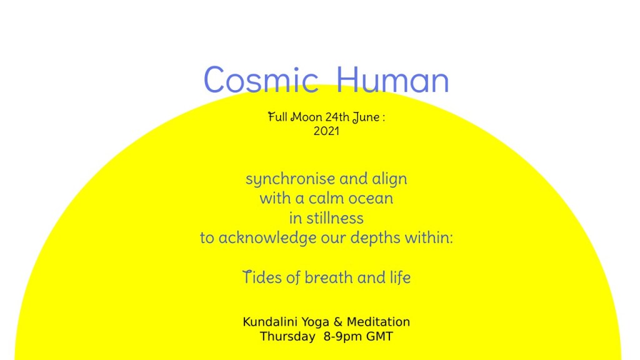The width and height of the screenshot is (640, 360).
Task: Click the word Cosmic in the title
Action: coord(261,79)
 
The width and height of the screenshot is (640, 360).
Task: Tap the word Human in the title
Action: coord(392,79)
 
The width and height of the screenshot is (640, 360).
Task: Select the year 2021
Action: coord(326,131)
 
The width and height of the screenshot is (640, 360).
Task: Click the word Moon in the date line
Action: coord(306,117)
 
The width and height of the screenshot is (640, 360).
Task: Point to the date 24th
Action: coord(337,117)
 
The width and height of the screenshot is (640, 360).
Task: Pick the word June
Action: coord(366,117)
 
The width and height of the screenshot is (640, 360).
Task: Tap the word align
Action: coord(389,179)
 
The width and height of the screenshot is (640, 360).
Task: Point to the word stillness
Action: coord(335,218)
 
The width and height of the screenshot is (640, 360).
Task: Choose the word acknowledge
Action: coord(267,238)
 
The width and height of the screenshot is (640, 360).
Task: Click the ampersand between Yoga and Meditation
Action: coord(338,322)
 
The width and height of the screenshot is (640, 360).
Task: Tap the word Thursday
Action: coord(287,337)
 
